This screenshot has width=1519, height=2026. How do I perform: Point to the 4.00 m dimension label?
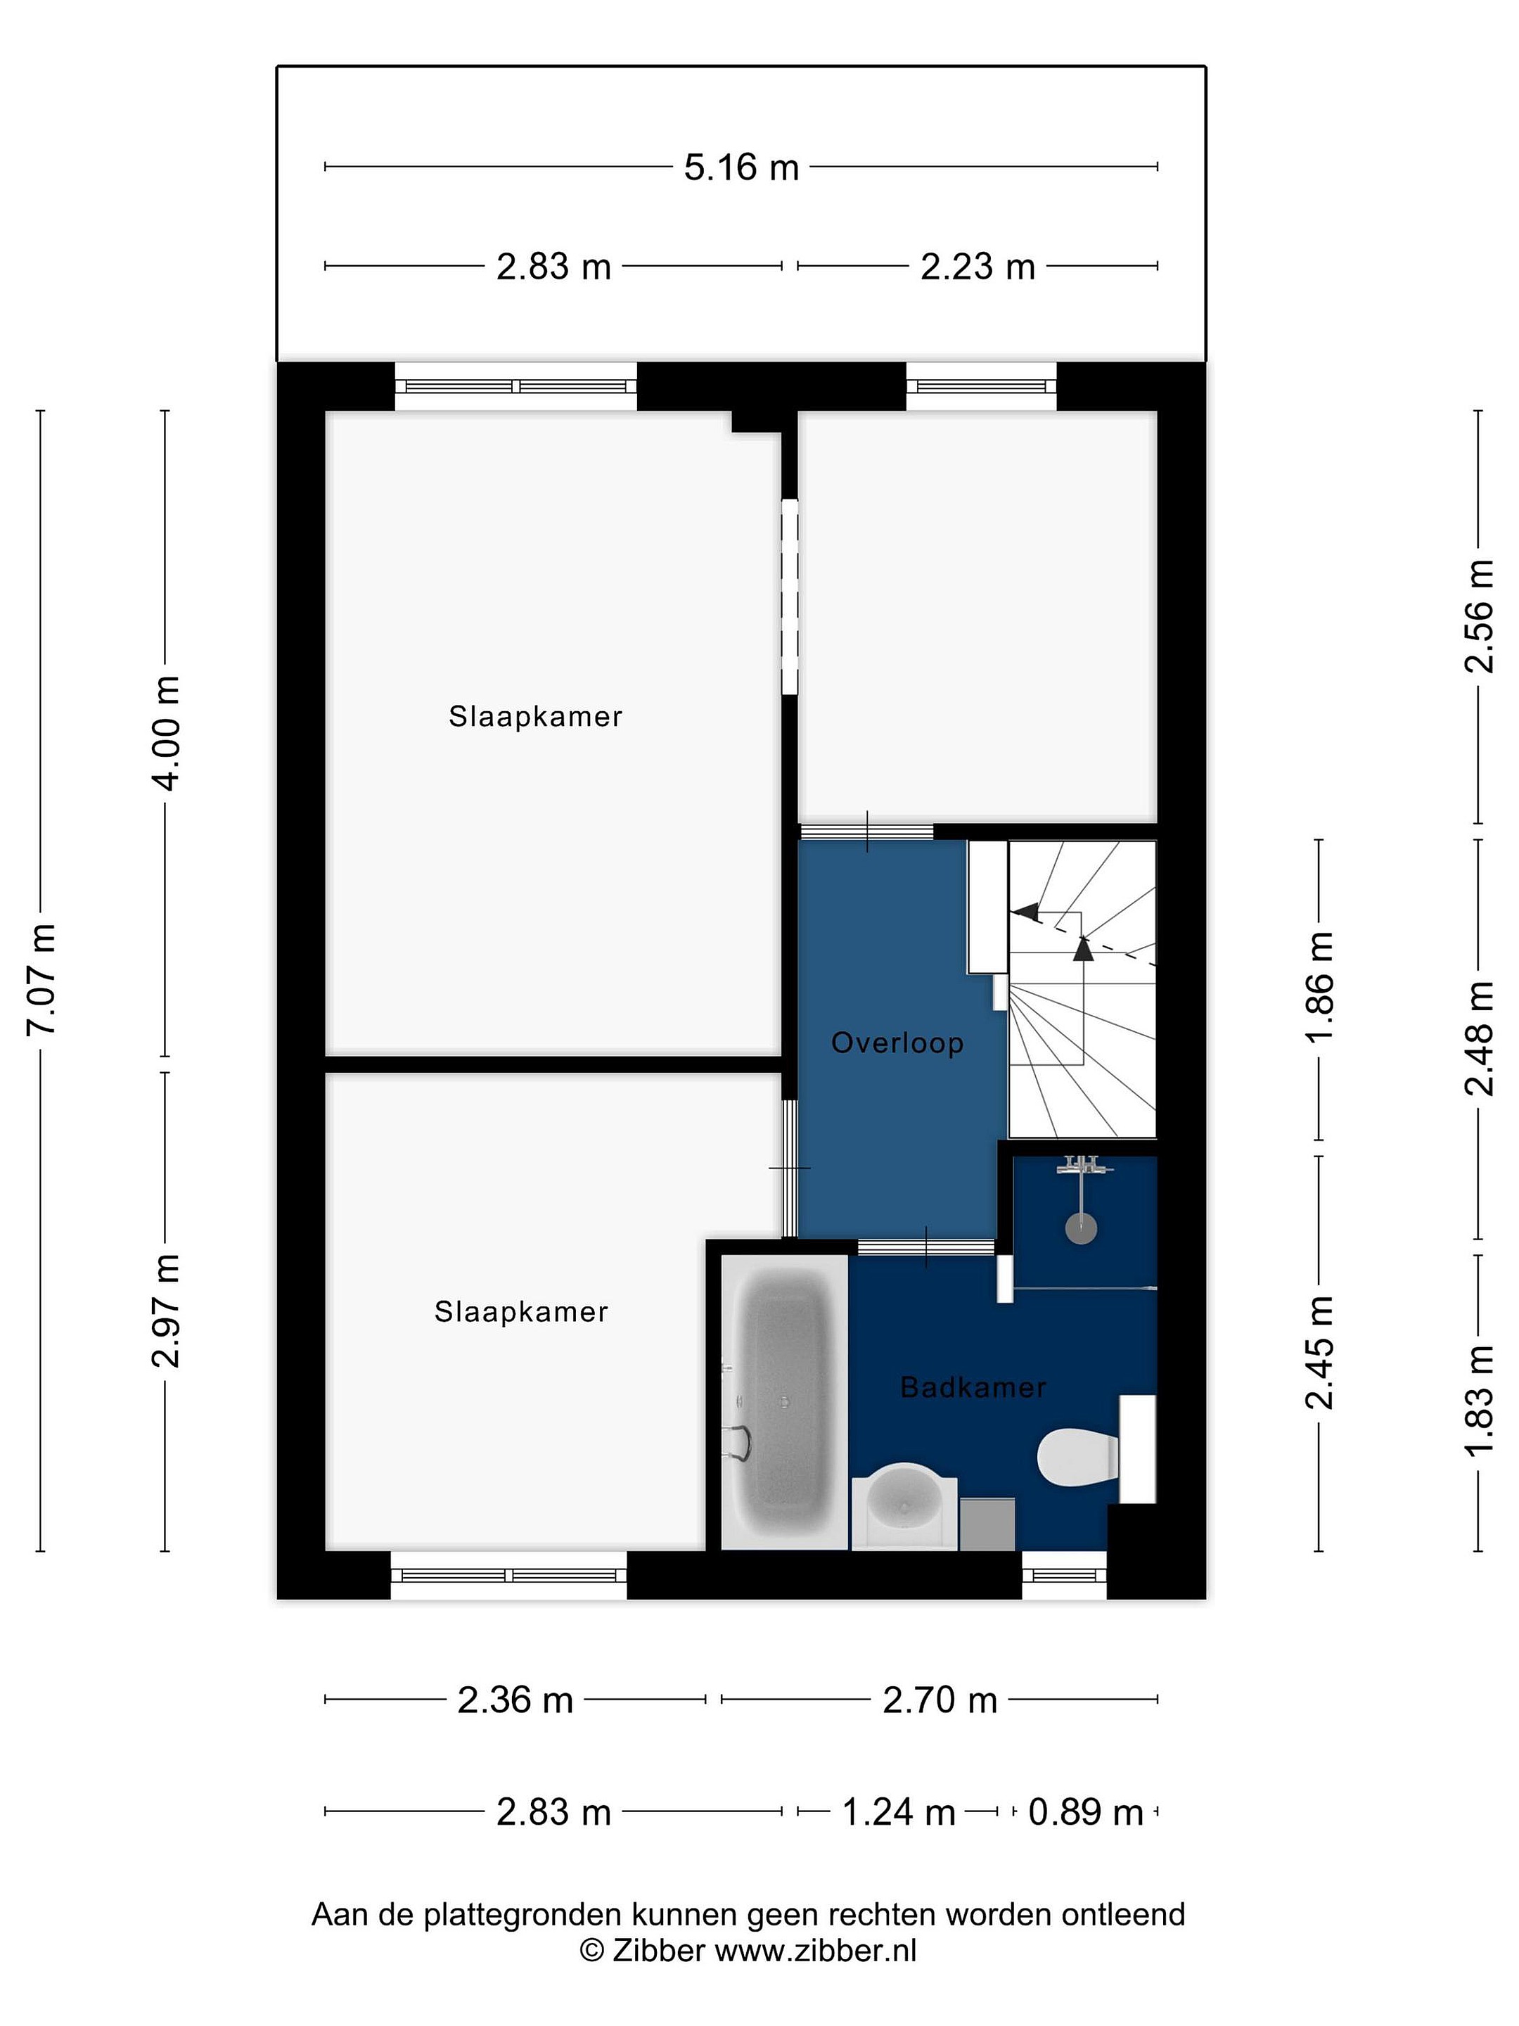coord(167,733)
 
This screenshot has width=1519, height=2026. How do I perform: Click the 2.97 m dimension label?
coord(167,1311)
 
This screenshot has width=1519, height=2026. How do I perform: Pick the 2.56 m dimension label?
coord(1480,616)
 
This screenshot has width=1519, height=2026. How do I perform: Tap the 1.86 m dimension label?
coord(1320,988)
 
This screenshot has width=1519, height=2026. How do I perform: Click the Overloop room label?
coord(897,1043)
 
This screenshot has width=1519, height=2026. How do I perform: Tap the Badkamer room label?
coord(973,1388)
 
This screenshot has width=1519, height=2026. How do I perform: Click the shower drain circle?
coord(1082,1228)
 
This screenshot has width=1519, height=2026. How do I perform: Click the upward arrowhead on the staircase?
coord(1083,949)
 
